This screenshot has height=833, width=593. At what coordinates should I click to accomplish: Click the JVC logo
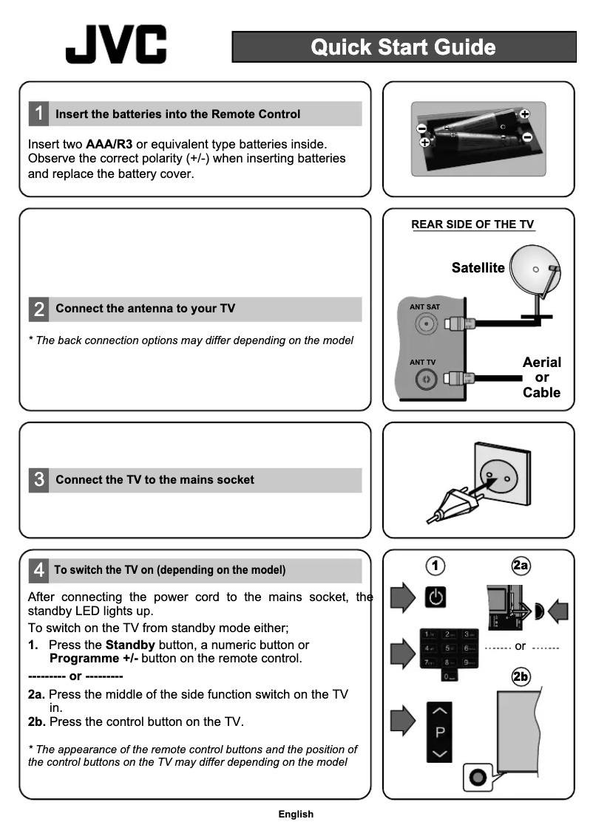click(116, 45)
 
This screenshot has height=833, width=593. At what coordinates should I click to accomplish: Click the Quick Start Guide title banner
click(404, 47)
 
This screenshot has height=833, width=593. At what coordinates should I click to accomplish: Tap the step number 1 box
click(38, 114)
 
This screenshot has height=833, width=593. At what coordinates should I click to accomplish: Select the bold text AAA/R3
click(109, 143)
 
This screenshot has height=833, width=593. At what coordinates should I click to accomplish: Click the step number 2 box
click(38, 309)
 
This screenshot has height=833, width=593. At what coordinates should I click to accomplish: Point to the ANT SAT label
click(424, 306)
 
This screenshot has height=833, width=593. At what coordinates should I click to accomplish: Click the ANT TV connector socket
click(425, 380)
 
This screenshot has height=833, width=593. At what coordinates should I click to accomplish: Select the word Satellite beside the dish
click(478, 268)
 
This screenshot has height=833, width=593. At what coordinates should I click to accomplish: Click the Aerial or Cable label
click(541, 377)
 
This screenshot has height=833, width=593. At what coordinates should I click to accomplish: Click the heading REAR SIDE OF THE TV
click(472, 225)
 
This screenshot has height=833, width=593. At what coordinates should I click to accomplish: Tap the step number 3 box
click(38, 480)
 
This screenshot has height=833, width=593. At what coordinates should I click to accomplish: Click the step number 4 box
click(38, 570)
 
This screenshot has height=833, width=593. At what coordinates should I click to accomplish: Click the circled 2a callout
click(521, 566)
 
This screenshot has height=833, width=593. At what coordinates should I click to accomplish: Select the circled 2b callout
click(521, 676)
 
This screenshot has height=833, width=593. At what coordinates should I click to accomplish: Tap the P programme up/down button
click(440, 733)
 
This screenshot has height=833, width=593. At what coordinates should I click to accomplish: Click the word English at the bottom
click(296, 815)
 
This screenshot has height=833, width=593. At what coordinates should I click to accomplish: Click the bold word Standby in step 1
click(130, 645)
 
